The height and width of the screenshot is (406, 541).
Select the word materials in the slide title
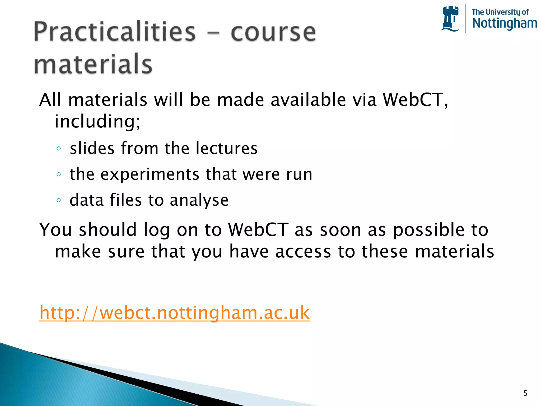coord(93,64)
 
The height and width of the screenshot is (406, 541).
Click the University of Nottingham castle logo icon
coord(450,19)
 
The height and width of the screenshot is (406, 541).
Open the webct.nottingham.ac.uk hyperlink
coord(174,313)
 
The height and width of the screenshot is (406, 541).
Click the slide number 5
coord(525,393)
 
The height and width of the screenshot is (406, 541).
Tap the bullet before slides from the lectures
coord(59,149)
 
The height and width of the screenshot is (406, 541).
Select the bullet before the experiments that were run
coord(59,174)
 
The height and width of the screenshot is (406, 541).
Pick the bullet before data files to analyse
coord(59,200)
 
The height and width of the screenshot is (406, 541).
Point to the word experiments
coord(150,174)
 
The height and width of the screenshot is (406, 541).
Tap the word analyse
coord(199,200)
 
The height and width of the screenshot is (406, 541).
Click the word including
coord(97,122)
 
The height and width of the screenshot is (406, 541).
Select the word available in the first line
coord(308,100)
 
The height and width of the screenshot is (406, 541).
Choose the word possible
coord(428,230)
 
